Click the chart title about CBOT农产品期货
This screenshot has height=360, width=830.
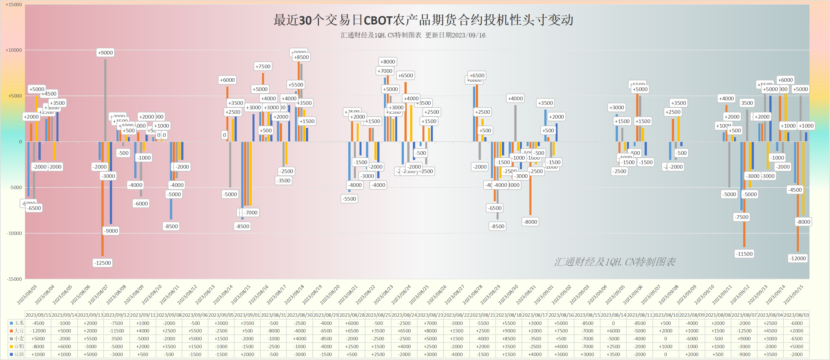pos(423,20)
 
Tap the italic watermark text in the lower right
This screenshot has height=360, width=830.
pos(615,262)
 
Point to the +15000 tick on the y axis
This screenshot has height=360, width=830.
pos(13,4)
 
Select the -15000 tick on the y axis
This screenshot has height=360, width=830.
pos(14,279)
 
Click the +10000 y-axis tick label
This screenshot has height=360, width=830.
pos(13,50)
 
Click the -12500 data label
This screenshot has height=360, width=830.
pos(103,263)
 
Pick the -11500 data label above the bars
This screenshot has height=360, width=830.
pos(744,254)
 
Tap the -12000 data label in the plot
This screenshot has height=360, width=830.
pos(797,259)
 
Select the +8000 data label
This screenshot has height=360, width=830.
pos(387,62)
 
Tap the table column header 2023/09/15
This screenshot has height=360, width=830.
pos(38,315)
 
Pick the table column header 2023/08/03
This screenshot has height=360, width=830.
pos(796,315)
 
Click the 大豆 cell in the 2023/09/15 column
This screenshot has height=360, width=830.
pos(38,331)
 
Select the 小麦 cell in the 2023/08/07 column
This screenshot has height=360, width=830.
pos(744,338)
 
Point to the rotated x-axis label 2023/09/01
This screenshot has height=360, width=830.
pos(544,295)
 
